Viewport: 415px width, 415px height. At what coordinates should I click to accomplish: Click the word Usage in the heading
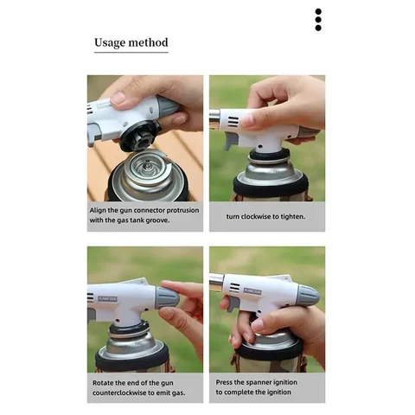[110, 42]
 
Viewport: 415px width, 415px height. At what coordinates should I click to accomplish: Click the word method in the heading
[148, 42]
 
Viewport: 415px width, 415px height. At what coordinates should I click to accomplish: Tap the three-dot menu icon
[318, 20]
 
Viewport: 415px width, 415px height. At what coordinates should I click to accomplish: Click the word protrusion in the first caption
[182, 210]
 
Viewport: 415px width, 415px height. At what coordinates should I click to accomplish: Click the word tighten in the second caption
[293, 217]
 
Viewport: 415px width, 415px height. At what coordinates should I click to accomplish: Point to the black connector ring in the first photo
[140, 136]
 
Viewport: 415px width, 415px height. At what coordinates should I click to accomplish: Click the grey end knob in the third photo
[168, 297]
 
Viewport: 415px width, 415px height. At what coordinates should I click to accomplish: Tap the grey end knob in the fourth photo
[309, 295]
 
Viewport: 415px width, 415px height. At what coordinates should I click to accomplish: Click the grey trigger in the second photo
[230, 141]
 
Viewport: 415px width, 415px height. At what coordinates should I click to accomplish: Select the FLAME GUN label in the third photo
[107, 299]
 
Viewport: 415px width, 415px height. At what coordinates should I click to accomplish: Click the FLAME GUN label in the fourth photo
[252, 291]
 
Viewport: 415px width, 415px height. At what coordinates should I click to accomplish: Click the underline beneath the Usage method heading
[131, 52]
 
